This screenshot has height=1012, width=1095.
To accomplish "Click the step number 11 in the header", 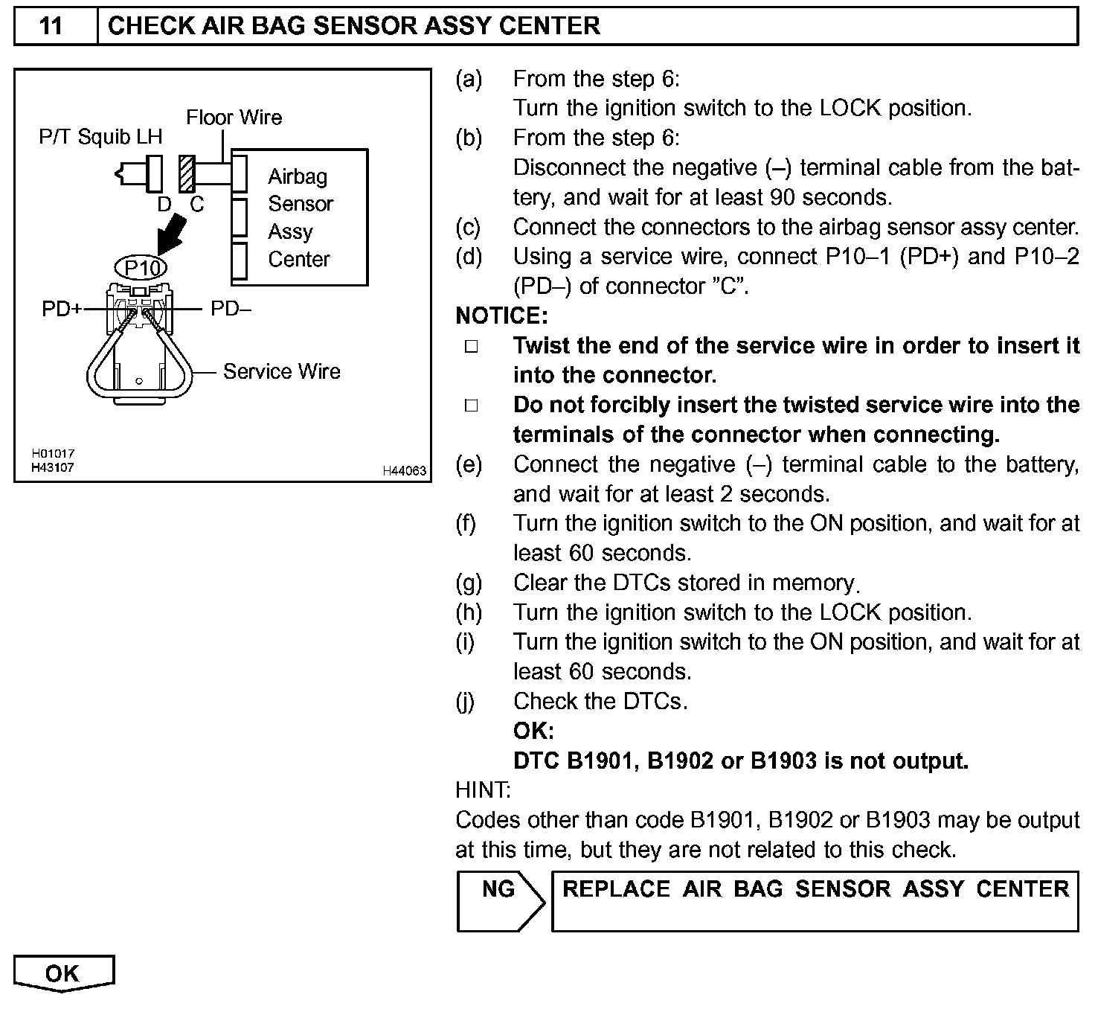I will tap(51, 26).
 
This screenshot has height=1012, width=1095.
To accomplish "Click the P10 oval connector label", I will tap(141, 267).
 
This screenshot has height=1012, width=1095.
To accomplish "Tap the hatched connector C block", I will tap(186, 174).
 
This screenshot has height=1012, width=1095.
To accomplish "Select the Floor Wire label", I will tap(234, 118).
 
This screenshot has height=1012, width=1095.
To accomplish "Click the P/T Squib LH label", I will tap(100, 137).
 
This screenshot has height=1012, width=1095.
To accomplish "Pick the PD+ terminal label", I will tap(62, 309).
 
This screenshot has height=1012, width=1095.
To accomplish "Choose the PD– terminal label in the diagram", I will tap(231, 308).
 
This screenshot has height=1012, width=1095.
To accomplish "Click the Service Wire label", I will tap(281, 371).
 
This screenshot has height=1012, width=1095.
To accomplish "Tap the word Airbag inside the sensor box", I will tap(298, 176).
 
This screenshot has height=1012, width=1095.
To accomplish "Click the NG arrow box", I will tap(499, 900).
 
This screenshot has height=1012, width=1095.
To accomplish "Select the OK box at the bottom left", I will tap(62, 973).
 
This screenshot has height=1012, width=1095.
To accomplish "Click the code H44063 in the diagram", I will tap(404, 470).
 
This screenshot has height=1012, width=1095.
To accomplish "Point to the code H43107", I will tap(53, 467).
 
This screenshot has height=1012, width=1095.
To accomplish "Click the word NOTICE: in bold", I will tap(501, 316).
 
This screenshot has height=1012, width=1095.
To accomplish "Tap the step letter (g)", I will tap(468, 583).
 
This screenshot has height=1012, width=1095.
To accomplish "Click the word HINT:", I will tap(483, 790).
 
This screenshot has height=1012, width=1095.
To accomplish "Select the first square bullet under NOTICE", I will tap(472, 347).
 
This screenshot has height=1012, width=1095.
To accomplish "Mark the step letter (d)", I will tap(468, 257).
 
